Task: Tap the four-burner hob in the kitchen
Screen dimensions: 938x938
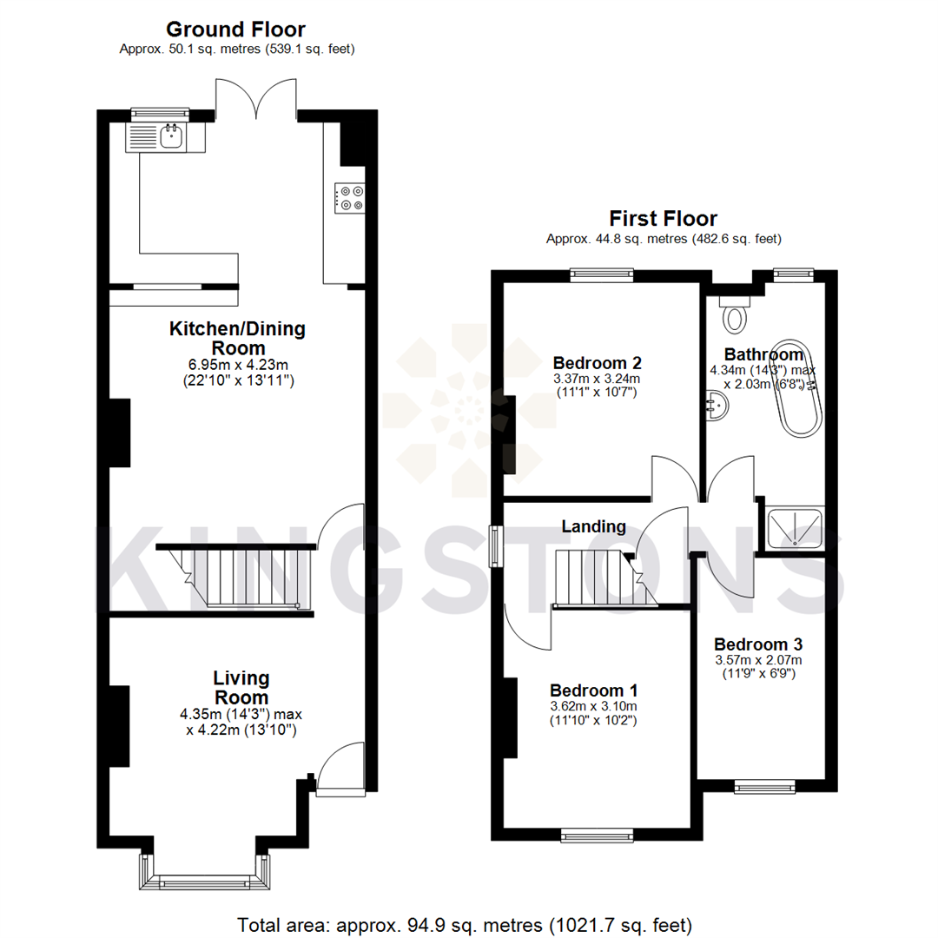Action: pos(350,197)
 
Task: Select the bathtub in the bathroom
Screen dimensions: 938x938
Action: pos(797,388)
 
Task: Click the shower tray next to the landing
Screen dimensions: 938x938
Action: pos(795,527)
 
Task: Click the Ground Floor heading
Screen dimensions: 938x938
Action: pos(235,30)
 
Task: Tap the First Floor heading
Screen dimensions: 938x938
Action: pos(663,218)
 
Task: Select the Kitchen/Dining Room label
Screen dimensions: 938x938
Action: pos(237,338)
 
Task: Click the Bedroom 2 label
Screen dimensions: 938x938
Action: pos(597,362)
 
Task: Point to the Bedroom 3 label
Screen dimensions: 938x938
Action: pos(757,644)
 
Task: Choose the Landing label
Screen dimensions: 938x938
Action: pos(593,526)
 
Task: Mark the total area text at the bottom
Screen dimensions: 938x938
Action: pos(465,923)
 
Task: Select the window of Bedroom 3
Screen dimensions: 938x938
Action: pos(764,787)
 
